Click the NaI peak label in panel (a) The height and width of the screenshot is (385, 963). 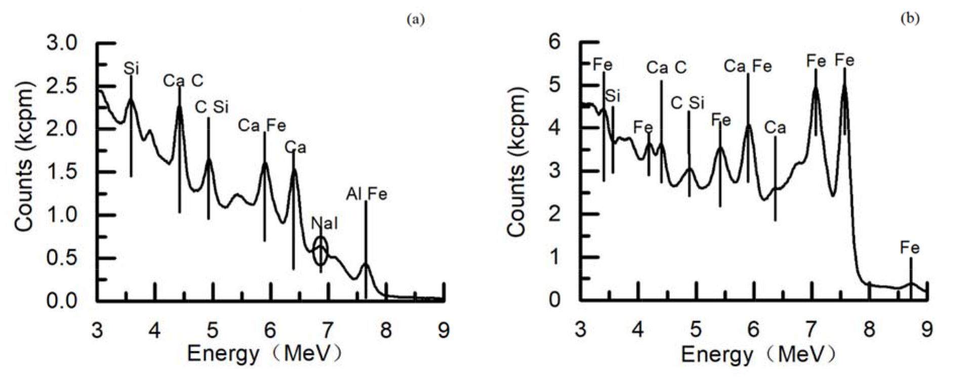click(324, 223)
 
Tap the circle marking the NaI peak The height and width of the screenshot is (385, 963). click(320, 251)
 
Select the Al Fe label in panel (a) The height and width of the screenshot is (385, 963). click(367, 194)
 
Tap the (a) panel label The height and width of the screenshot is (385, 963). click(416, 20)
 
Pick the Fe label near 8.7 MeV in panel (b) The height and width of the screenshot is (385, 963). click(909, 248)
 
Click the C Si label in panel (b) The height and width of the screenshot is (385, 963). click(687, 103)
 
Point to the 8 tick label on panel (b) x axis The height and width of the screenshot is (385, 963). click(869, 330)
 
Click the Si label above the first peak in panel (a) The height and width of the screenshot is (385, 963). click(131, 68)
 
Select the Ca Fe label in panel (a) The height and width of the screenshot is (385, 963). click(262, 125)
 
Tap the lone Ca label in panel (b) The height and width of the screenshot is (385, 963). click(775, 128)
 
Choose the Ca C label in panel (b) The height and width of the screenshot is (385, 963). click(666, 67)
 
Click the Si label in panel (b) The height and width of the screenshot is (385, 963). click(613, 95)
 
